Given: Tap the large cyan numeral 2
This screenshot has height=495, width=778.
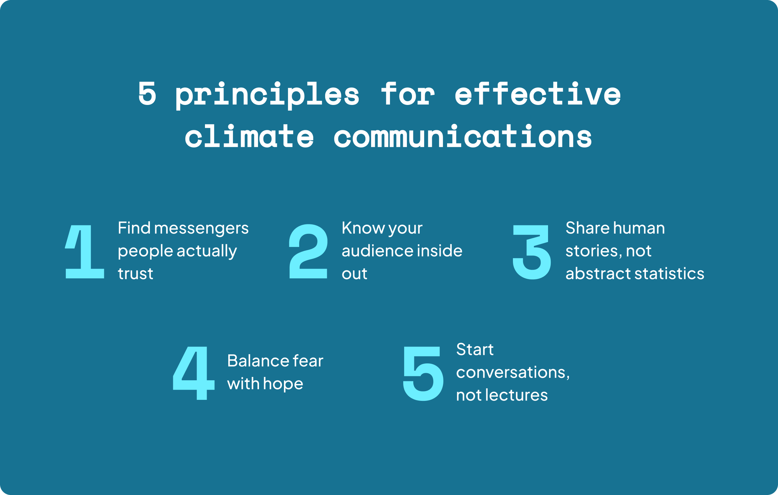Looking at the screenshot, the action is [308, 251].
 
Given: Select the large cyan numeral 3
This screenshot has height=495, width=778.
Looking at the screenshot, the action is [532, 252].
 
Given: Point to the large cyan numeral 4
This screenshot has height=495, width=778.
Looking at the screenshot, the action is [194, 373].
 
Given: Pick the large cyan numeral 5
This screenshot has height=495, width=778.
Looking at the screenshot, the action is [423, 374].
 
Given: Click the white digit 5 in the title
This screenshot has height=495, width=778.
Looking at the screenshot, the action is [147, 93].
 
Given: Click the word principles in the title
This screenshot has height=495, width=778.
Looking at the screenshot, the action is [267, 95].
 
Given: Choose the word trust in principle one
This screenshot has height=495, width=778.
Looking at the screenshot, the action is [135, 273].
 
